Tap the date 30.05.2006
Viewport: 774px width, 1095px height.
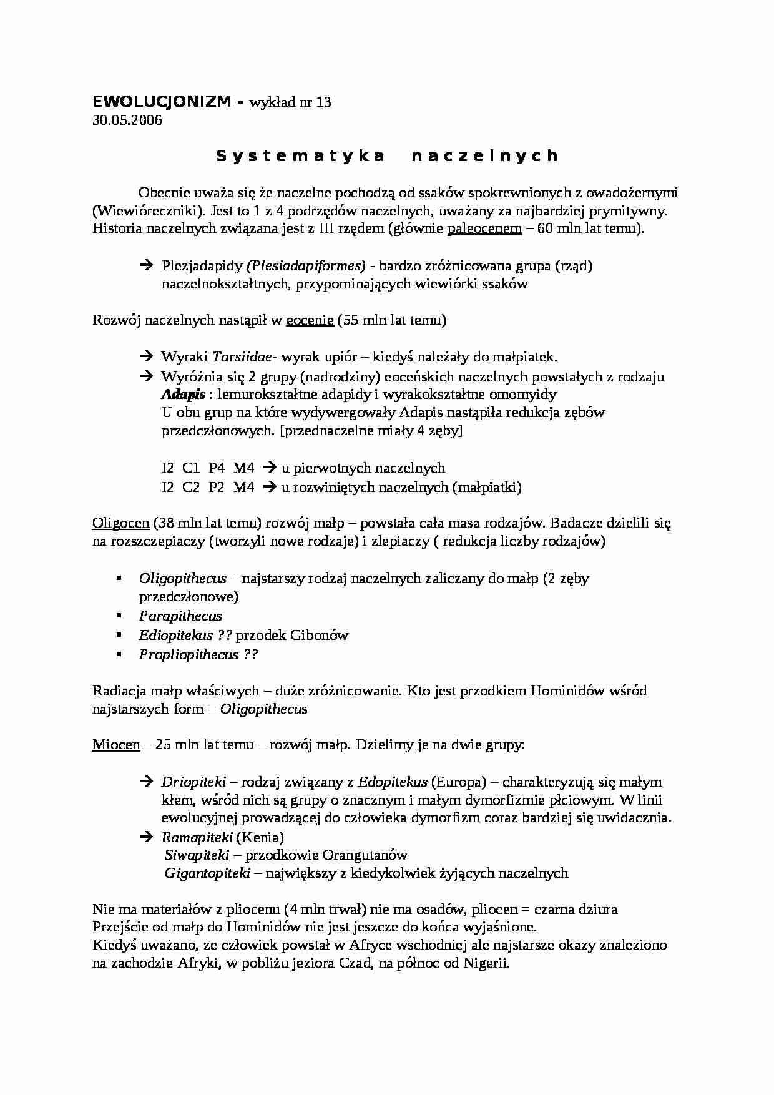point(127,120)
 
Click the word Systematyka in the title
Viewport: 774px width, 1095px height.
point(300,156)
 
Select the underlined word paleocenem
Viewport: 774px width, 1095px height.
point(484,228)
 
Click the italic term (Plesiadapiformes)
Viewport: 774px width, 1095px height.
point(306,266)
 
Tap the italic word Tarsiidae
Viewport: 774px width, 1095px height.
point(242,358)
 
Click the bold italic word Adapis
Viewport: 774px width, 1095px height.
point(183,395)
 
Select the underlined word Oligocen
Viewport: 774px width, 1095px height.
point(120,523)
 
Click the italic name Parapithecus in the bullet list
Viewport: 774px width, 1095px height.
point(180,616)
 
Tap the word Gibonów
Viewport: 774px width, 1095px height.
point(319,636)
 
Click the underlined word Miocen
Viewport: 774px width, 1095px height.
point(116,745)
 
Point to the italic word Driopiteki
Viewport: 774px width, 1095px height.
point(193,782)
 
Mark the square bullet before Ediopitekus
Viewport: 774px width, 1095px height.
point(118,635)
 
